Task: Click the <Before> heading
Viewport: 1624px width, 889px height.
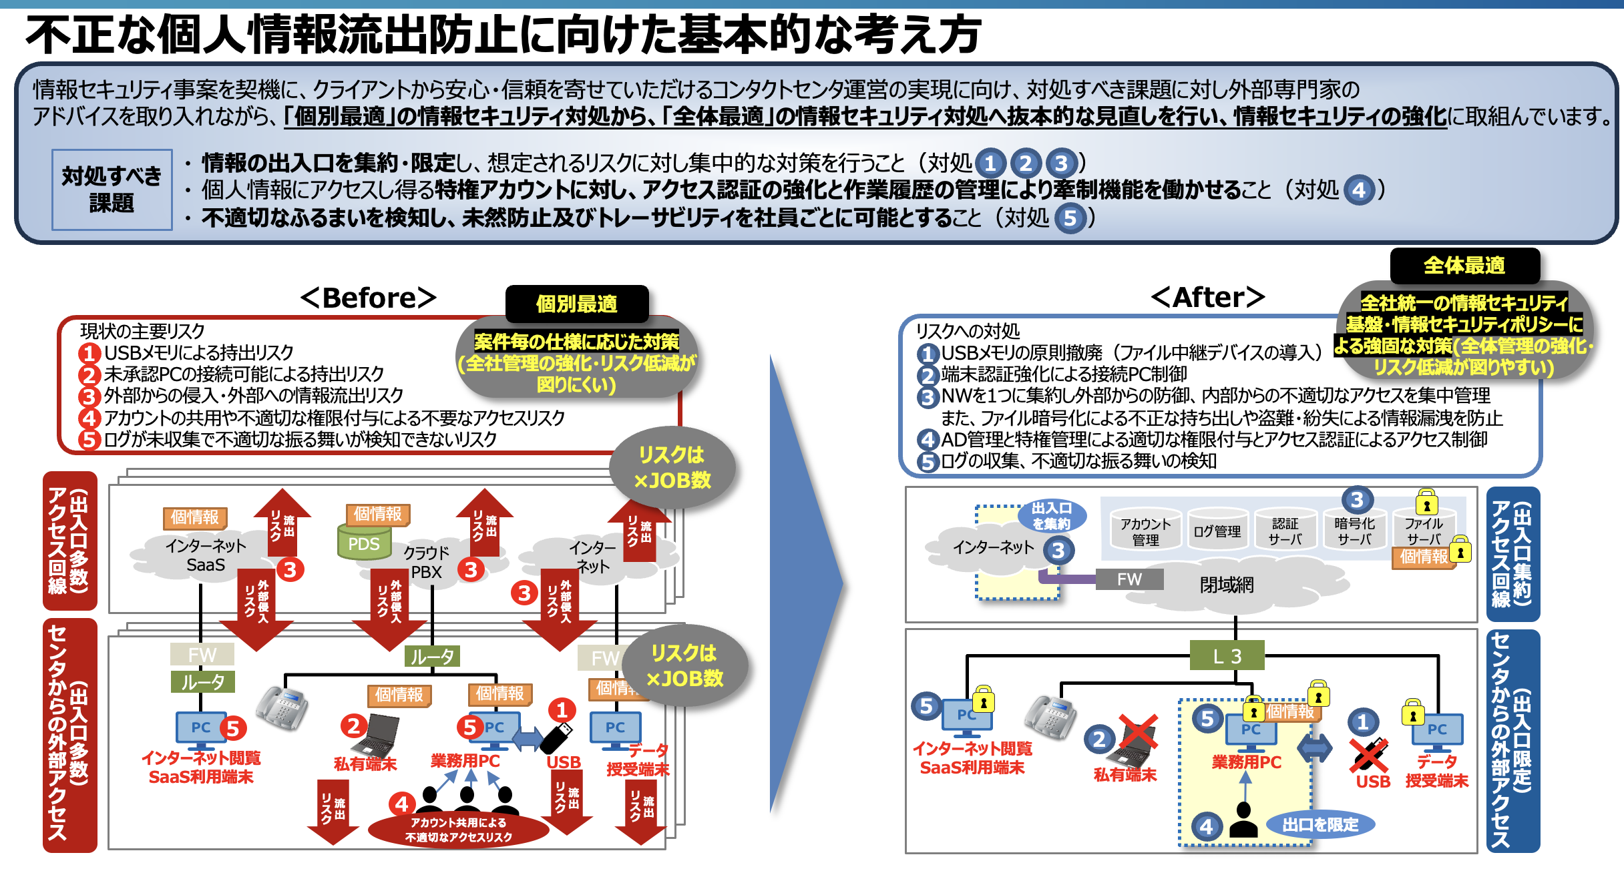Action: click(x=369, y=298)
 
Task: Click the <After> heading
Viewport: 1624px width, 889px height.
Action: click(x=1208, y=297)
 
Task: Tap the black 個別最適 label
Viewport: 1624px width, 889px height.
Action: click(x=577, y=304)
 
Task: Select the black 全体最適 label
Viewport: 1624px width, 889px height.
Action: click(x=1464, y=266)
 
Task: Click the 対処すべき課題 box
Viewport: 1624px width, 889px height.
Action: click(x=112, y=190)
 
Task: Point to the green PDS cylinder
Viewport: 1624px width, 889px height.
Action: click(x=363, y=542)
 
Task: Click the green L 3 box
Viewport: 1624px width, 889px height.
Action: click(x=1227, y=656)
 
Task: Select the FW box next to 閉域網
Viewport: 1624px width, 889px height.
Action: click(x=1130, y=579)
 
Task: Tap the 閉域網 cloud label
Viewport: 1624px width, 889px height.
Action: click(x=1227, y=585)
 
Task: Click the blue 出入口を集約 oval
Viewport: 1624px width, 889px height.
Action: click(x=1052, y=516)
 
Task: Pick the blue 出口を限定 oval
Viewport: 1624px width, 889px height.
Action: click(x=1320, y=825)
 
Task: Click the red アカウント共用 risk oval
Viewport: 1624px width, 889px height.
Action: click(x=459, y=830)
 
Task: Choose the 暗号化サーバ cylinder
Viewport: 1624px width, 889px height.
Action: click(x=1355, y=531)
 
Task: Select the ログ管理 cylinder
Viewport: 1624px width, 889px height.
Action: click(x=1217, y=531)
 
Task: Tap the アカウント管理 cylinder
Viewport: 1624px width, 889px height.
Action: click(x=1145, y=531)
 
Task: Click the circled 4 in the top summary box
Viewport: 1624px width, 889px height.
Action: click(x=1359, y=191)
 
